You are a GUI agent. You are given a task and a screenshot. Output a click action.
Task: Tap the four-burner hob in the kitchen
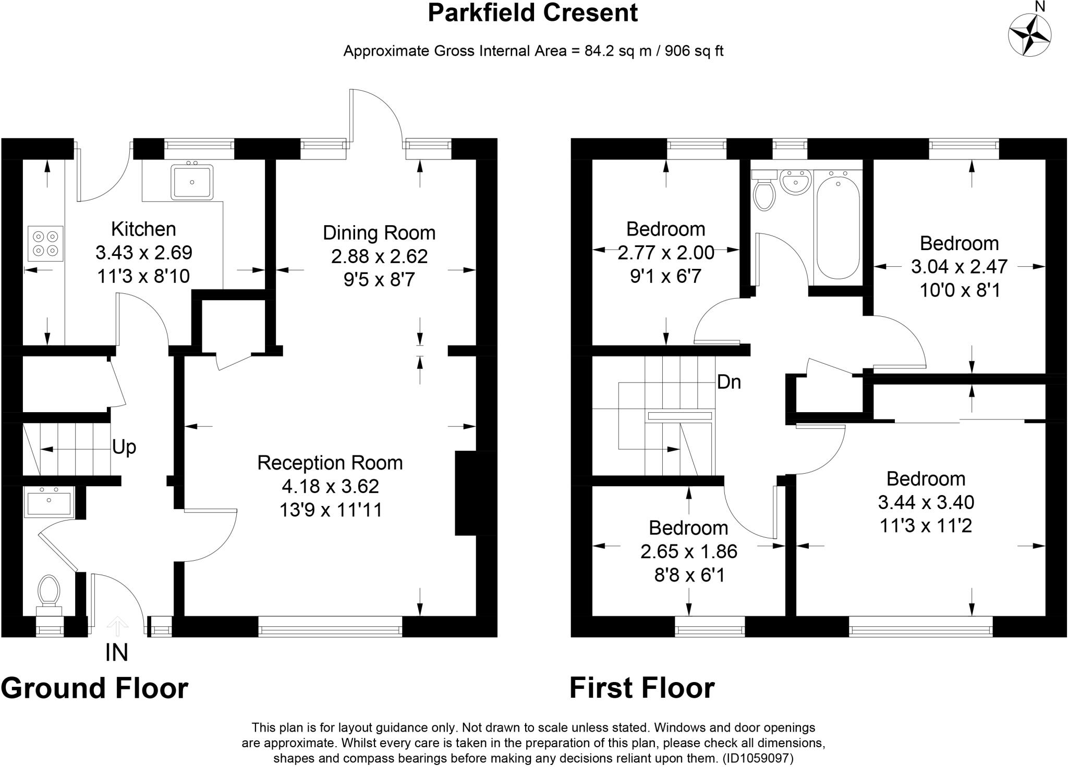coord(45,243)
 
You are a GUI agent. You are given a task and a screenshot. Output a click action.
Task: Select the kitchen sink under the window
coord(192,182)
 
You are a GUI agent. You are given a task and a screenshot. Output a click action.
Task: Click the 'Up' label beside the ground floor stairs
coord(124,447)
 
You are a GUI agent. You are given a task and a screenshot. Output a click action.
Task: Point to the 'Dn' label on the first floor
coord(729,382)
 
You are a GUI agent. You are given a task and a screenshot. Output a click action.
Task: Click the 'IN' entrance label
coord(116,653)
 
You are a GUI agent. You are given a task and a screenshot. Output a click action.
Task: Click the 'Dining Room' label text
coord(379,232)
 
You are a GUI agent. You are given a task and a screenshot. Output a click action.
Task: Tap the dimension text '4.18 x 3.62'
coord(330,486)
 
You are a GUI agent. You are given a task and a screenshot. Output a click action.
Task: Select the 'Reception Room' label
coord(330,463)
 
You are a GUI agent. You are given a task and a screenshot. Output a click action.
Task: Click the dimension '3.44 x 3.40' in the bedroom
coord(926,502)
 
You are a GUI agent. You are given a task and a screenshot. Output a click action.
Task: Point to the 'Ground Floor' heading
coord(94,688)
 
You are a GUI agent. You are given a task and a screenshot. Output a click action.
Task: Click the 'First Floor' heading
coord(641,688)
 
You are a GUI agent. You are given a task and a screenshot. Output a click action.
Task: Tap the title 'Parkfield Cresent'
coord(532,13)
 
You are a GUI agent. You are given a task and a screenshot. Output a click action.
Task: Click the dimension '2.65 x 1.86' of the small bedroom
coord(688,551)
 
